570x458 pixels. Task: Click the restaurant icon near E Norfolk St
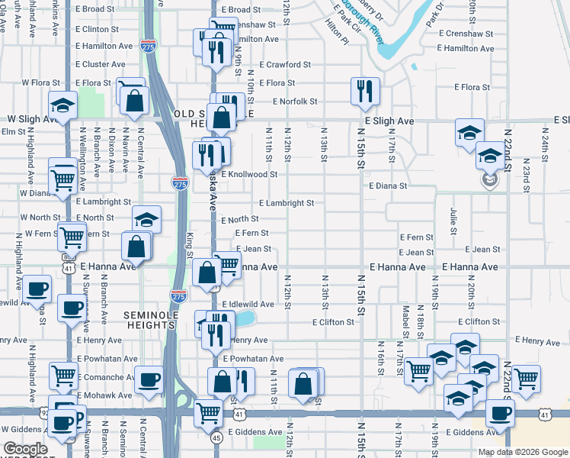tap(364, 91)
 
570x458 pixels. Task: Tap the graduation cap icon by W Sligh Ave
tap(61, 105)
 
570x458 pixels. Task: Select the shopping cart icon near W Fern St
tap(72, 237)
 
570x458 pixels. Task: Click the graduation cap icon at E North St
tap(146, 220)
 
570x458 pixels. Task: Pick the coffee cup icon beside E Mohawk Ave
tap(148, 379)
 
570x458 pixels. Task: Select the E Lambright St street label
tap(286, 203)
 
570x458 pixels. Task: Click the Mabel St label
tap(406, 315)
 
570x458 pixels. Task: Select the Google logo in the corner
tap(26, 449)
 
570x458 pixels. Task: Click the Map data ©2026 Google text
tap(522, 452)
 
